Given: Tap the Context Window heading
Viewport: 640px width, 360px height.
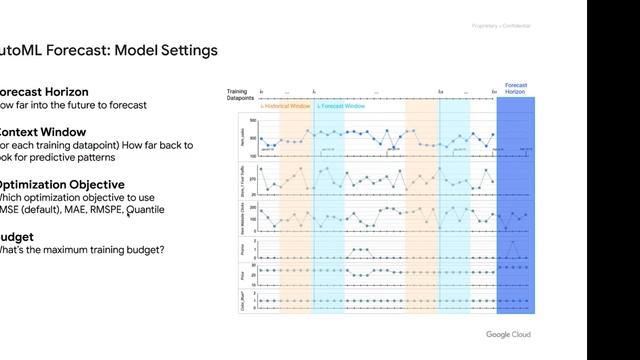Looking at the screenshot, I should [x=46, y=132].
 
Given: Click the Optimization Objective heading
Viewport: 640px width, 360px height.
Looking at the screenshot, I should [x=61, y=185].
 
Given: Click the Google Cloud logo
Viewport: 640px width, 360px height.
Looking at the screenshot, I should [x=508, y=334].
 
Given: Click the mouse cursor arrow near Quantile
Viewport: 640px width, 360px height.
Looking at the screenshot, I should [x=129, y=212].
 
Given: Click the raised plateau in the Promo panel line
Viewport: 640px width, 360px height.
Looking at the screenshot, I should [x=362, y=248].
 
